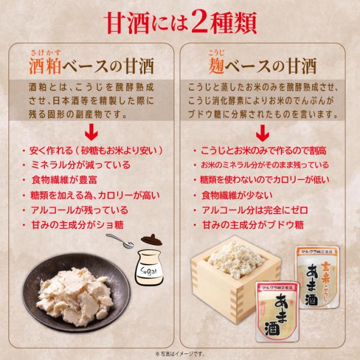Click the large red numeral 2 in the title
click(200, 22)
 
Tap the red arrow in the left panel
click(91, 132)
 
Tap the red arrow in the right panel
click(262, 133)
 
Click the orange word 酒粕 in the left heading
click(45, 66)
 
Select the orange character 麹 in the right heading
click(216, 66)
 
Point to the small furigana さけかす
click(46, 53)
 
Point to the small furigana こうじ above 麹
click(216, 53)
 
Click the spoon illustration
click(120, 241)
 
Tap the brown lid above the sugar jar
click(152, 239)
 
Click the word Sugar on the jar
click(149, 271)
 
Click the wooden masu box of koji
click(234, 275)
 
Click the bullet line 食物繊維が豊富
click(64, 180)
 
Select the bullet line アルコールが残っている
click(79, 210)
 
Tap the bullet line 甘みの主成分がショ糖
click(77, 225)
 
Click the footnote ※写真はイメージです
click(180, 354)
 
